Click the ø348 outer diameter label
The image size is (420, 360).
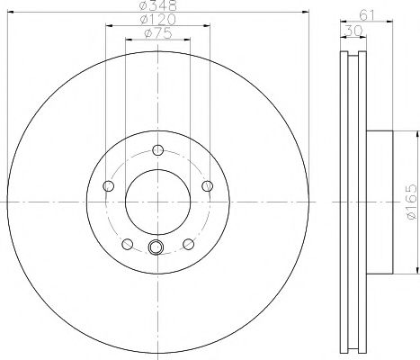[x=157, y=7]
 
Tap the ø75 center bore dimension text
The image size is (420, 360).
[x=158, y=36]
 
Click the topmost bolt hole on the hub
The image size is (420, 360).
[x=158, y=149]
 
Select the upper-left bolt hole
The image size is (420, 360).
[x=109, y=185]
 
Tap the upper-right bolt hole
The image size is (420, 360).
[x=208, y=185]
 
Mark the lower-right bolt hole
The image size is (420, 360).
[x=189, y=244]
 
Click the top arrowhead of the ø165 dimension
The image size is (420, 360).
[x=416, y=135]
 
